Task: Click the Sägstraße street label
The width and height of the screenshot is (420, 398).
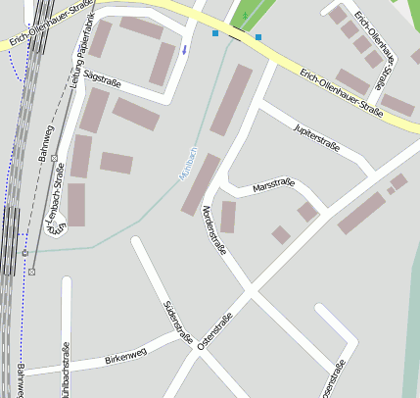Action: click(x=102, y=79)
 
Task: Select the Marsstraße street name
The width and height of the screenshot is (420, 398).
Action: click(x=274, y=186)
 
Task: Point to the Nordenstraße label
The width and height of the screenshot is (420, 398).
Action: click(x=213, y=229)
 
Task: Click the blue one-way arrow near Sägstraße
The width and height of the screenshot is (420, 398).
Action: click(x=184, y=49)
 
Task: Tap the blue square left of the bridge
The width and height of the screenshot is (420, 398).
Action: click(x=215, y=33)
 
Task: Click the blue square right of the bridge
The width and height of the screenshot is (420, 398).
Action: click(x=258, y=37)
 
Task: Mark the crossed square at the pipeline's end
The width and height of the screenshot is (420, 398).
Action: click(x=32, y=272)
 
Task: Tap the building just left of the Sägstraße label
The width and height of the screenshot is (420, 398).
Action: click(x=96, y=110)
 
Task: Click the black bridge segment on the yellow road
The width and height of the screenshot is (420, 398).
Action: click(x=237, y=35)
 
